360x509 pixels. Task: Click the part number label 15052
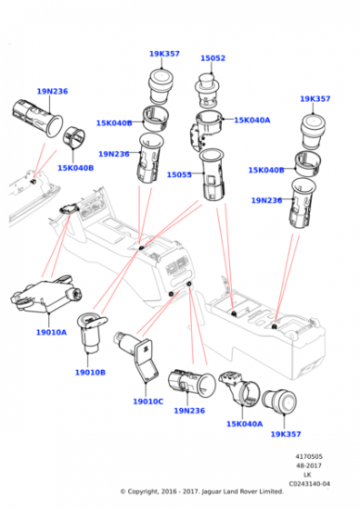tap(213, 58)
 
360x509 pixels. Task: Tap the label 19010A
tap(51, 333)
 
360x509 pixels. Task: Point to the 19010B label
tap(91, 373)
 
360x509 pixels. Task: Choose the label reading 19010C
tap(148, 401)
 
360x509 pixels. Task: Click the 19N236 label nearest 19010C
tap(189, 411)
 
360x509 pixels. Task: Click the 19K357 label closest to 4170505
tap(285, 434)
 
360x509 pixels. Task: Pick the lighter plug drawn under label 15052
tap(209, 90)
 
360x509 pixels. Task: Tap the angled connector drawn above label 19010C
tap(136, 359)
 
